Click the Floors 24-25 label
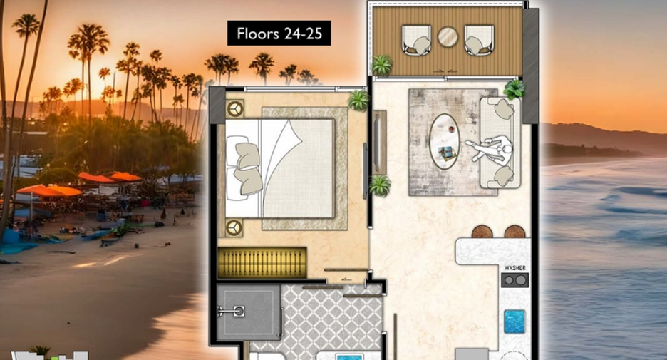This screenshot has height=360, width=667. (x=279, y=34)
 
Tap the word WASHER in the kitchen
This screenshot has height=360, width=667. (x=515, y=267)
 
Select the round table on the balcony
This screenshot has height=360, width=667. (x=448, y=37)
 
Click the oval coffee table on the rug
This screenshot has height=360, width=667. (x=445, y=142)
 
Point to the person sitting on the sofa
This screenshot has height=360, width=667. (x=490, y=150)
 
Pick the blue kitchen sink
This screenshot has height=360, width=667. (x=515, y=322)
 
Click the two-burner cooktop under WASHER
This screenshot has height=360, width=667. (x=515, y=280)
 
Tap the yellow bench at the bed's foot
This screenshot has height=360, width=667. (x=262, y=262)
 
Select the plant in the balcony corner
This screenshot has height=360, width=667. (x=381, y=66)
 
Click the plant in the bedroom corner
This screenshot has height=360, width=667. (x=358, y=101)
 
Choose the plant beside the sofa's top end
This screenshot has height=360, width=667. (x=515, y=89)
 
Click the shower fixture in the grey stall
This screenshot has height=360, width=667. (x=232, y=312)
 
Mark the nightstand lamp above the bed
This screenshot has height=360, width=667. (x=234, y=109)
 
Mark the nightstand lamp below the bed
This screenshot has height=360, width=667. (x=233, y=227)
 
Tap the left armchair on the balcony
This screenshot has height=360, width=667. (x=416, y=41)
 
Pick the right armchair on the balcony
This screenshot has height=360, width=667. (x=479, y=41)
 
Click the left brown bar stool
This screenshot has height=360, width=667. (x=482, y=232)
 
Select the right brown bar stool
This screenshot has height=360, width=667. (x=515, y=232)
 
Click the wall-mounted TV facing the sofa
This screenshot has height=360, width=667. (x=376, y=142)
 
